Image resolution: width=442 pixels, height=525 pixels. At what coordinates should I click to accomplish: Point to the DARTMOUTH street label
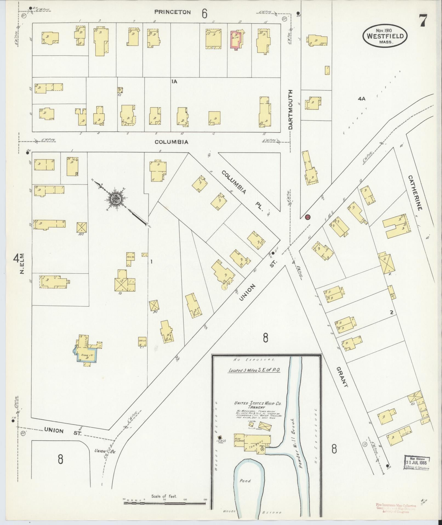(x=290, y=109)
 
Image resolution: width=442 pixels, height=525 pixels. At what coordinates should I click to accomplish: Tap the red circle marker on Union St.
(x=307, y=217)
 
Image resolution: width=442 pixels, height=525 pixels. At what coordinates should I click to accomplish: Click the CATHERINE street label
(x=415, y=193)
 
